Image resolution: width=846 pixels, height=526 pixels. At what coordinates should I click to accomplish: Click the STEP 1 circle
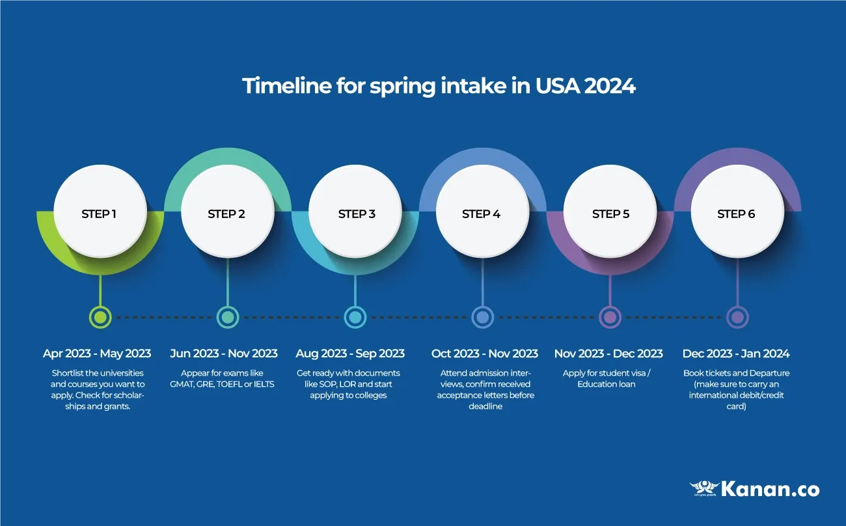(x=100, y=211)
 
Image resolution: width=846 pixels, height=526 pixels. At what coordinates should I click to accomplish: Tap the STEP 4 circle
(x=482, y=211)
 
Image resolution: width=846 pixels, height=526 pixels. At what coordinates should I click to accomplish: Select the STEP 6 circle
(x=737, y=211)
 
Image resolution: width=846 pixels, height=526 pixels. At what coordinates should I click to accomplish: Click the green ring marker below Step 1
(x=100, y=318)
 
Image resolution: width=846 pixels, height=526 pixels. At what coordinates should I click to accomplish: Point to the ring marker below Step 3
(x=355, y=318)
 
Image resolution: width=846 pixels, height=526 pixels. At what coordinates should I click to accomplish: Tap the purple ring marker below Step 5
(x=610, y=318)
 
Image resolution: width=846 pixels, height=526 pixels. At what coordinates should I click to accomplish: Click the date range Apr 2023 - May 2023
(x=97, y=353)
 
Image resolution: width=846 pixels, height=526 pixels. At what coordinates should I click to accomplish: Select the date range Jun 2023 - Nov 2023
(x=224, y=353)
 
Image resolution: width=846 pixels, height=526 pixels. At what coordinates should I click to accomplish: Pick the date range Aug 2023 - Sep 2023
(x=350, y=353)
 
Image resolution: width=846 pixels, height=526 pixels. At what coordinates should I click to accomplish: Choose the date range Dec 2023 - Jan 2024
(x=736, y=353)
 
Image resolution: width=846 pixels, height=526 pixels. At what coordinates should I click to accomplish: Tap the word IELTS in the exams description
(x=264, y=384)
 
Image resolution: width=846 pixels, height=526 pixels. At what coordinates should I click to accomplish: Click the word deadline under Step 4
(x=485, y=407)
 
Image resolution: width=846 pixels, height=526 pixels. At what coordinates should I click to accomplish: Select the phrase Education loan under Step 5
(x=606, y=384)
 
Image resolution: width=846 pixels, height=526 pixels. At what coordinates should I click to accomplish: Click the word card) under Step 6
(x=736, y=407)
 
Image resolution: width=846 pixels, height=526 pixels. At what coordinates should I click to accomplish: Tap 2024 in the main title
(x=610, y=86)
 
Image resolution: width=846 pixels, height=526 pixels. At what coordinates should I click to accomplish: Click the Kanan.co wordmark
(x=771, y=490)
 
